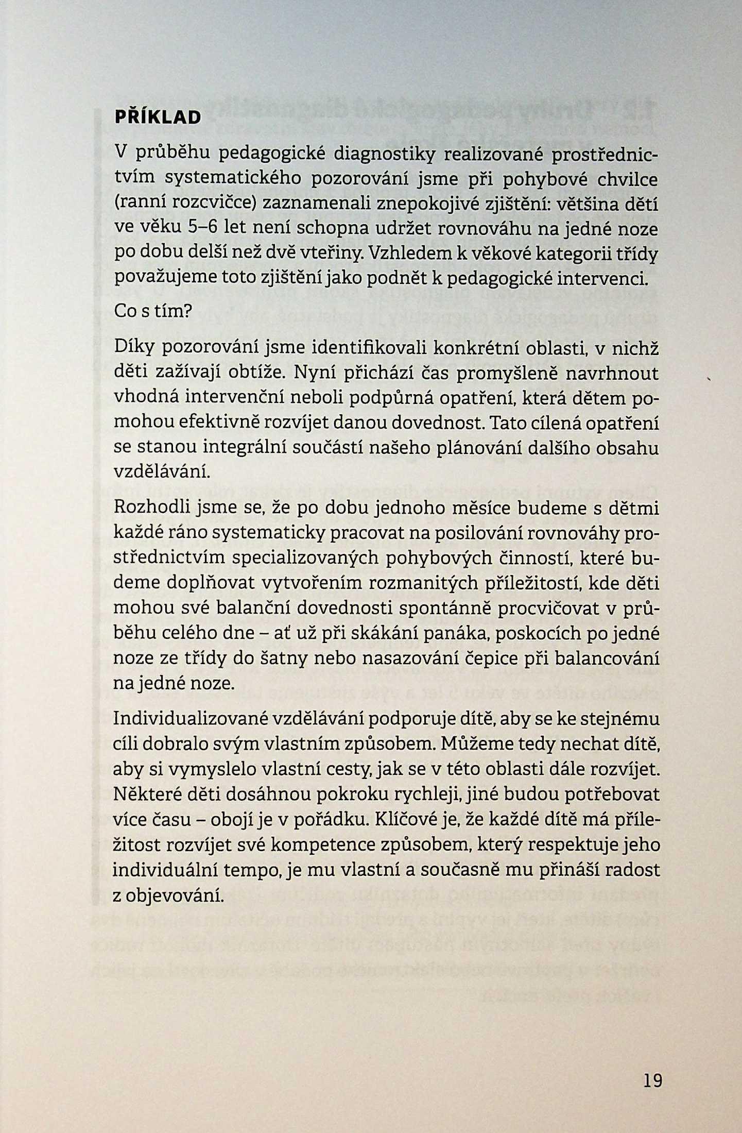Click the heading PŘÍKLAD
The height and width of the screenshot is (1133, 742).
click(x=157, y=118)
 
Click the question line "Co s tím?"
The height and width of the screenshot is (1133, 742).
click(x=152, y=312)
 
